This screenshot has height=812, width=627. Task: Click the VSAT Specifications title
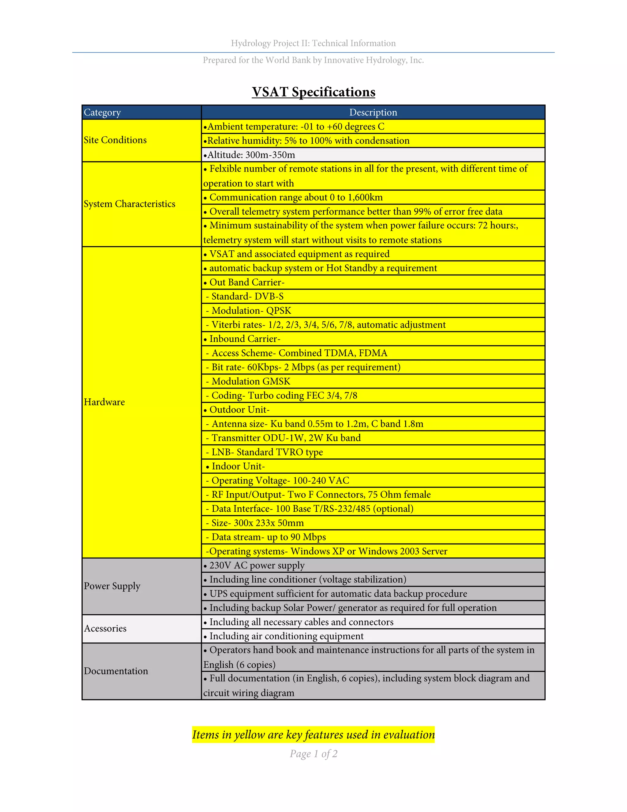[x=313, y=92]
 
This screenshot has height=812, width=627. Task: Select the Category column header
[x=103, y=112]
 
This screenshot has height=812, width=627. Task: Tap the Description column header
[x=373, y=112]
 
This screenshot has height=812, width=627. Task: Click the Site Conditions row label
[x=115, y=140]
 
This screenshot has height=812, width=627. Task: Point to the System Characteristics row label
[x=129, y=204]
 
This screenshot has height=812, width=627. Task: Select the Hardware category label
[x=104, y=402]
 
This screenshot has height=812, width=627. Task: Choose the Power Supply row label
[x=112, y=586]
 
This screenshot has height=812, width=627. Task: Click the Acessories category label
[x=105, y=628]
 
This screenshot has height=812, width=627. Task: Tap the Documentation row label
[x=116, y=671]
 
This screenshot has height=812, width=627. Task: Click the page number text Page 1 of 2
[x=313, y=754]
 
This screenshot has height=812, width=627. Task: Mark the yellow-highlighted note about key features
[x=313, y=735]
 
